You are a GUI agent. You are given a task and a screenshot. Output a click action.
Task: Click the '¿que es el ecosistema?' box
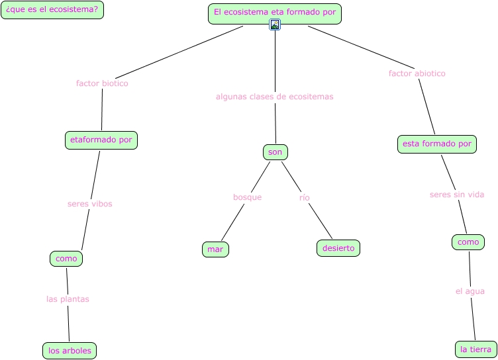pos(52,10)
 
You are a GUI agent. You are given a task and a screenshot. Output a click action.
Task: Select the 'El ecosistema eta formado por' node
pos(275,13)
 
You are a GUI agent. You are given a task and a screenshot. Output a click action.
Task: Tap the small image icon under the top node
pos(275,25)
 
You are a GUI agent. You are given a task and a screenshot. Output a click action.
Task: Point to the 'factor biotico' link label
pos(102,83)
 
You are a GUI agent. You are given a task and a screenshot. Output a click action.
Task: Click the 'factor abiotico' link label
pos(417,73)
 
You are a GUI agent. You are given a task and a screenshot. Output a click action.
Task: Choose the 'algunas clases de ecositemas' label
pos(275,97)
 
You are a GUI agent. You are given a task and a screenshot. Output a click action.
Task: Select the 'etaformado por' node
pos(101,140)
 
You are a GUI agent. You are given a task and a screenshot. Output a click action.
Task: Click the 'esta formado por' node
pos(437,144)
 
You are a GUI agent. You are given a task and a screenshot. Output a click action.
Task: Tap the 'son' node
pos(275,152)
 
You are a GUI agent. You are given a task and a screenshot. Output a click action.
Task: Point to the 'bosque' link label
pos(247,197)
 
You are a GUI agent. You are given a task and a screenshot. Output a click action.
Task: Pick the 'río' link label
pos(305,197)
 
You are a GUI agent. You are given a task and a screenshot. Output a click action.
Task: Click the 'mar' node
pos(215,249)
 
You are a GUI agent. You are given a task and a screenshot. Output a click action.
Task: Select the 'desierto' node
pos(338,248)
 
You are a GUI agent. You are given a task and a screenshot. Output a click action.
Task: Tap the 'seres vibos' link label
pos(90,204)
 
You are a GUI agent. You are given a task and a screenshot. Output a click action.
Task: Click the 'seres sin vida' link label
pos(457,195)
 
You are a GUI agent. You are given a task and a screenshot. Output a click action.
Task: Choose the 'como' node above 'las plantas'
pos(66,259)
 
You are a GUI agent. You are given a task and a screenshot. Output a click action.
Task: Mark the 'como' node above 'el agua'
pos(468,242)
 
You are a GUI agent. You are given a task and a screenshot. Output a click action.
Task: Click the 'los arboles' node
pos(70,350)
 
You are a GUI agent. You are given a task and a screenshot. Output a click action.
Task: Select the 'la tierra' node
pos(476,349)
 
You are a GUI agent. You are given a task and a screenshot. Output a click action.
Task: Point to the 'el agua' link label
pos(470,291)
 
